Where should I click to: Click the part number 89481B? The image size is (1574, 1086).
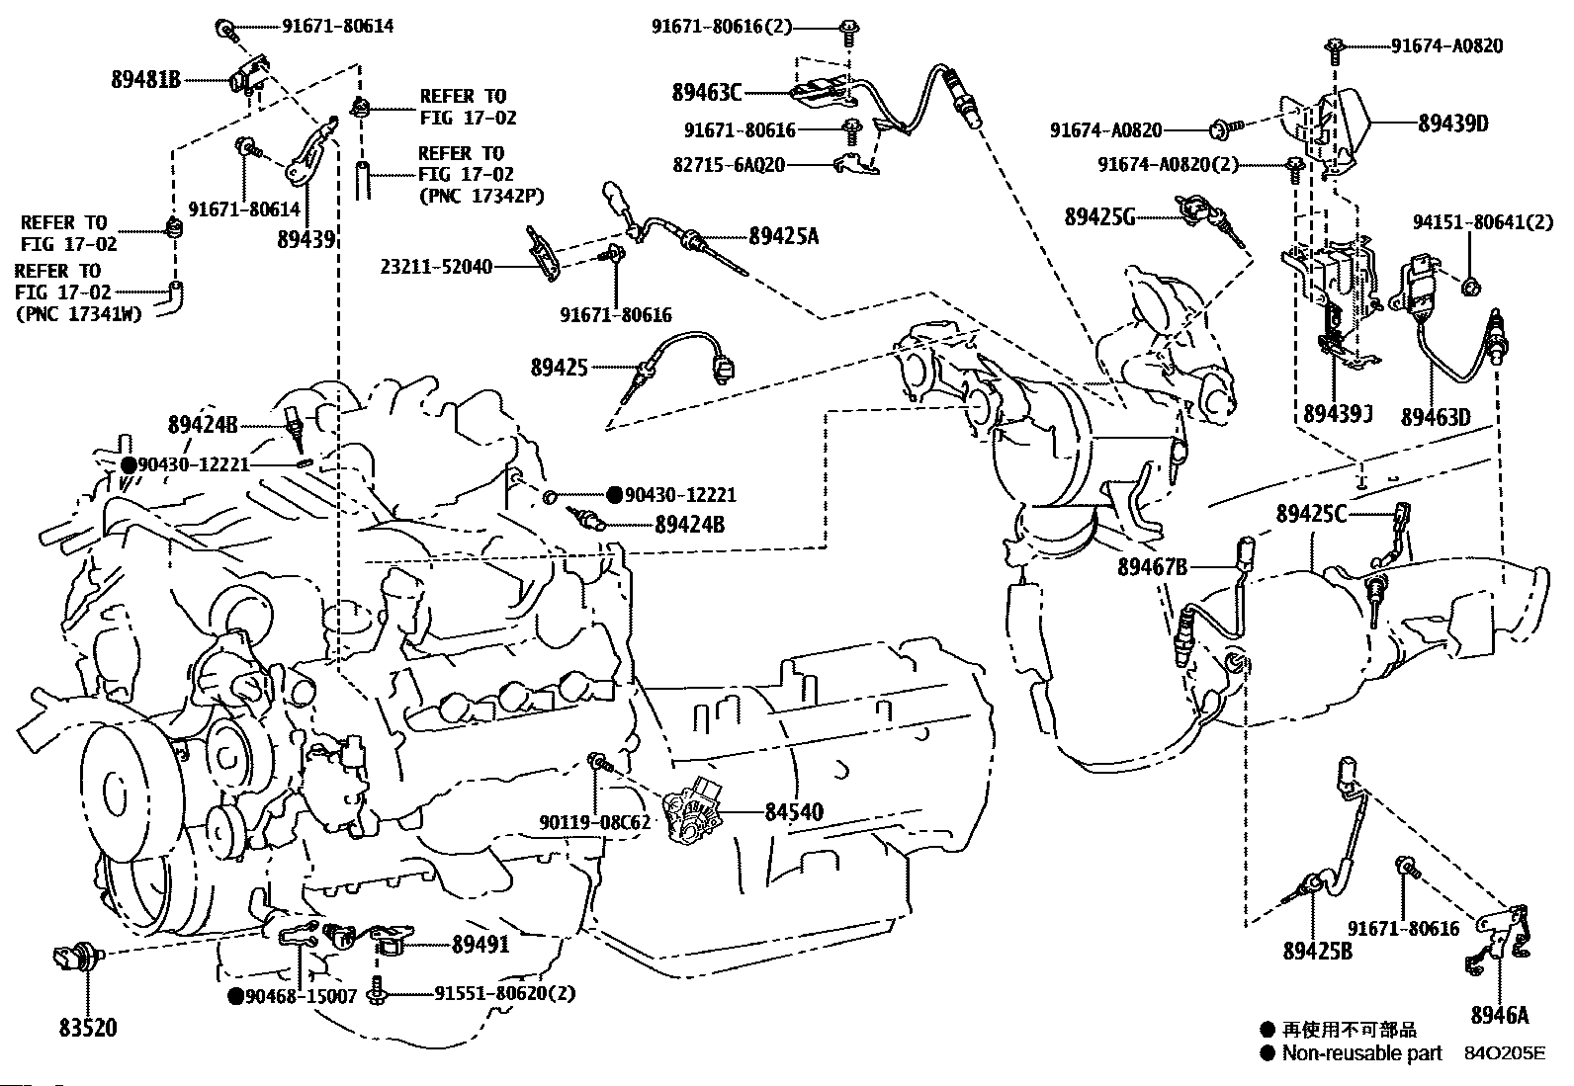[145, 80]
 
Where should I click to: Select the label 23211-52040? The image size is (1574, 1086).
[436, 267]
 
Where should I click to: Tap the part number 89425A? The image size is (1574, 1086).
[783, 235]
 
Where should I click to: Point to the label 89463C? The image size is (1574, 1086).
[706, 93]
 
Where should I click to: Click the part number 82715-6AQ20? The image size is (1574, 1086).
[727, 165]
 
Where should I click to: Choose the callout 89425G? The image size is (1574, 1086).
[1099, 216]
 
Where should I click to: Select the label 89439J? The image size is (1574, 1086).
[1339, 414]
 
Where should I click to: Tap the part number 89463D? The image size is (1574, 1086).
[1435, 417]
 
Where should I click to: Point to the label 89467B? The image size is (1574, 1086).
[1152, 567]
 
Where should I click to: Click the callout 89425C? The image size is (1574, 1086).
[1311, 514]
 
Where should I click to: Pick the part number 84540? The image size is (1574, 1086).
[794, 812]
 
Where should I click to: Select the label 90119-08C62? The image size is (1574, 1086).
[595, 821]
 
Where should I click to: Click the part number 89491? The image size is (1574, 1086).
[481, 945]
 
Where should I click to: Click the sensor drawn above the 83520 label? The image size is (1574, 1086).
[73, 958]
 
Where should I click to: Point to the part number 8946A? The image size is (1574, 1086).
[1499, 1015]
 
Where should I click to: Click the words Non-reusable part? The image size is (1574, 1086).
[1361, 1053]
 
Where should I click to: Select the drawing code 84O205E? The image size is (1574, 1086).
[1504, 1053]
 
